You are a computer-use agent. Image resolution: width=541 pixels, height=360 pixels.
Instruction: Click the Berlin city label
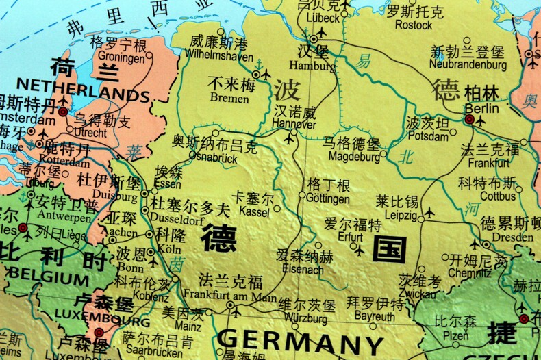click(481, 108)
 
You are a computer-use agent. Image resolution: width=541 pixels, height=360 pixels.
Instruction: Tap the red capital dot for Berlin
click(469, 120)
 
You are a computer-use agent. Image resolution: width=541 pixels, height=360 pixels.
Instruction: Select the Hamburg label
click(312, 66)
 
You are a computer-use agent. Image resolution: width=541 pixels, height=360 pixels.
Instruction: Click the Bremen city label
click(229, 98)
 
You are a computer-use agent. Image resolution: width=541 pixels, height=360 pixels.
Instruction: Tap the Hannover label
click(294, 125)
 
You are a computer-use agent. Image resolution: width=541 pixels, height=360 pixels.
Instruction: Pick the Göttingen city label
click(328, 199)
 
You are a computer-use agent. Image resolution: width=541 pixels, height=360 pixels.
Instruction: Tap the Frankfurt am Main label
click(229, 296)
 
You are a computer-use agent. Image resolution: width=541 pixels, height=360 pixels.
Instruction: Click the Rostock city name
click(414, 25)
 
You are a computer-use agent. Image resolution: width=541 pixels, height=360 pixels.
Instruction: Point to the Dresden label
click(512, 237)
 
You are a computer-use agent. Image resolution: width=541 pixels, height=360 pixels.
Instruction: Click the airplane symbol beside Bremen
click(266, 73)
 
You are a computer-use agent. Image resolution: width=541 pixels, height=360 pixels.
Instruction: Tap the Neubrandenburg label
click(468, 65)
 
